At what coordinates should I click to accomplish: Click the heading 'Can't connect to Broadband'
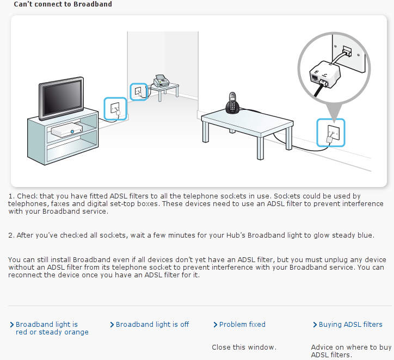coord(63,4)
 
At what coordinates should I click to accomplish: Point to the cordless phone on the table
coord(232,103)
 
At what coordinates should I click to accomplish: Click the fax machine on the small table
coord(161,80)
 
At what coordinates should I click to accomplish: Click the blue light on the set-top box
coord(72,132)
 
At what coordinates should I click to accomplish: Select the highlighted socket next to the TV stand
coord(115,109)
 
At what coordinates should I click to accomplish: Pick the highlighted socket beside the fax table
coord(138,92)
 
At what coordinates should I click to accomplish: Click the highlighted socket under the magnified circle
coord(331,133)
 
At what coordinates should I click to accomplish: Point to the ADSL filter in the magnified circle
coord(325,75)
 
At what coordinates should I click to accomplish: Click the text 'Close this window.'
coord(244,347)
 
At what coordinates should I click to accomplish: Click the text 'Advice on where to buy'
coord(352,347)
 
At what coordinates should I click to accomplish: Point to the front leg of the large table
coord(260,148)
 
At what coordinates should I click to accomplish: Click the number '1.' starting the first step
coord(11,196)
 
